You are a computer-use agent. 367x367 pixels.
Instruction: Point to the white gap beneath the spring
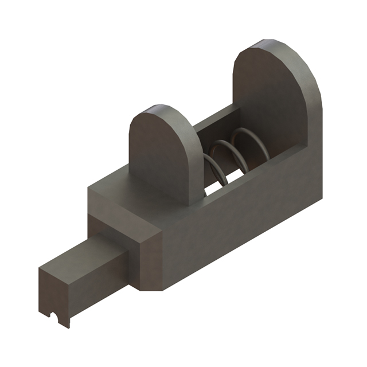[215, 186]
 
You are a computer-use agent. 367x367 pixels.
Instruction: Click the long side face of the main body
[241, 229]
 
